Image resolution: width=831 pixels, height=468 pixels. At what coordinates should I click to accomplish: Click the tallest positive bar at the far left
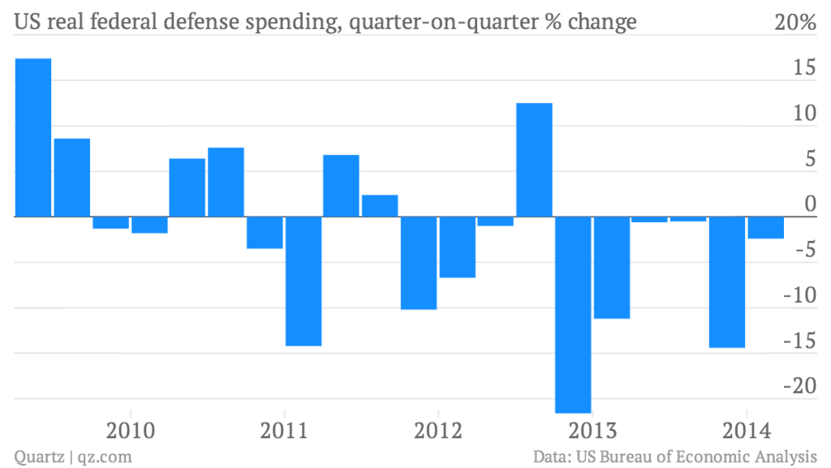click(x=33, y=138)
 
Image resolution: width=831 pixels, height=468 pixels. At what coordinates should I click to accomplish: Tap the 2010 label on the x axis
click(x=130, y=430)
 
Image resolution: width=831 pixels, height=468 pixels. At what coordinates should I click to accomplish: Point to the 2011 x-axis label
click(x=284, y=430)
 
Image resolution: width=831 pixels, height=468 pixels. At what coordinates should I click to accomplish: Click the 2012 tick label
click(x=437, y=430)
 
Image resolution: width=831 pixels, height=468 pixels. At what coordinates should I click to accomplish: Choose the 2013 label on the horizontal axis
click(x=592, y=430)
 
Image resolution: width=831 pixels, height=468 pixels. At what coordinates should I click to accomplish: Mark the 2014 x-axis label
click(x=745, y=430)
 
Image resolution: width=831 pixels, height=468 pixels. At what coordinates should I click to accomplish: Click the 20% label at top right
click(x=794, y=24)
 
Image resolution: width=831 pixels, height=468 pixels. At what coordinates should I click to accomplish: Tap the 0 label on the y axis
click(x=808, y=204)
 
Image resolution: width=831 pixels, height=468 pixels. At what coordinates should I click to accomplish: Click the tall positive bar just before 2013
click(x=535, y=161)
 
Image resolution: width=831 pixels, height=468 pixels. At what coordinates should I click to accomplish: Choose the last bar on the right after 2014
click(x=765, y=228)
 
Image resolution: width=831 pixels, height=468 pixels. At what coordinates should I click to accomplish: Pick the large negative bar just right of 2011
click(x=304, y=281)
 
